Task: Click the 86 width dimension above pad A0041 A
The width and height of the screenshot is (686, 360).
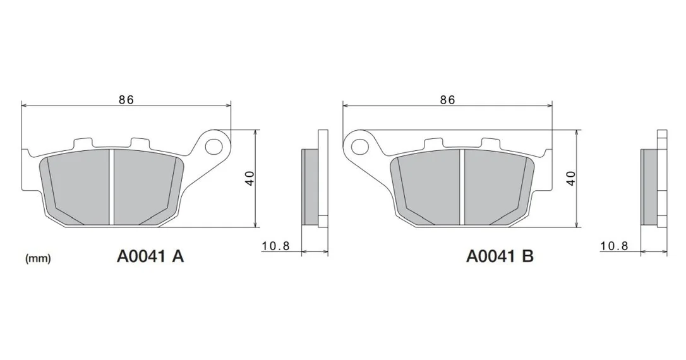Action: (126, 100)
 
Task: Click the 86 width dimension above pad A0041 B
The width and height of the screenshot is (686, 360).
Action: (448, 100)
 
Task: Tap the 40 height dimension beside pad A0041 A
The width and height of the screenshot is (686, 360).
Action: (250, 178)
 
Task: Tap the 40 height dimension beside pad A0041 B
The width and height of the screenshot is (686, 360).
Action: (571, 178)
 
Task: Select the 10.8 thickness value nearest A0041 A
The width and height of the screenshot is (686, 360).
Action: (275, 246)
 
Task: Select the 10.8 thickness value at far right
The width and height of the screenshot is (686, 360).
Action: (614, 246)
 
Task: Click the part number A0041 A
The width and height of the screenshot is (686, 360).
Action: (150, 256)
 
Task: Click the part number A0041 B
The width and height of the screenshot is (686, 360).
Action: (500, 256)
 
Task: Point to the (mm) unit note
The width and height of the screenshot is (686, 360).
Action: (39, 258)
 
